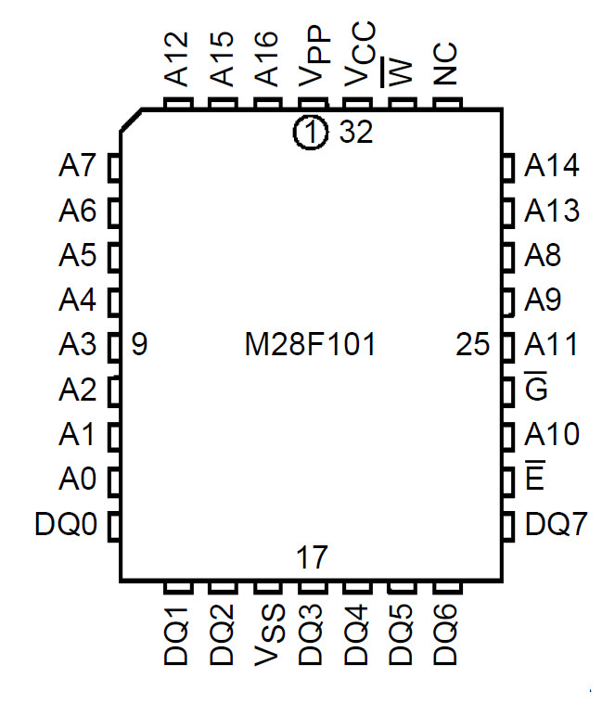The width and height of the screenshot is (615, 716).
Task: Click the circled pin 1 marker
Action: [311, 134]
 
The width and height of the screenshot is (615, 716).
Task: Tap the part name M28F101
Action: [311, 346]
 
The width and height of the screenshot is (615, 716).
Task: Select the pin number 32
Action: [355, 134]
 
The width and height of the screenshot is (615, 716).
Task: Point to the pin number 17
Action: [312, 558]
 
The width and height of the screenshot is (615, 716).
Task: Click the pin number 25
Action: [473, 346]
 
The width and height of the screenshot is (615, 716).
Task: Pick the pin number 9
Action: [139, 346]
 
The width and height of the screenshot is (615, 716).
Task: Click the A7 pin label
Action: [77, 167]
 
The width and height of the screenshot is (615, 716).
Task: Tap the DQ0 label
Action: [66, 525]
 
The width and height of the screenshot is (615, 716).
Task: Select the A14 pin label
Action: [552, 167]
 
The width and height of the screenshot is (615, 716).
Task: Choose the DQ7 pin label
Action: [556, 525]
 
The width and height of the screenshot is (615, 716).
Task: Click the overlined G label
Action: [536, 390]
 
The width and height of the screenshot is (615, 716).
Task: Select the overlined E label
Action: [534, 479]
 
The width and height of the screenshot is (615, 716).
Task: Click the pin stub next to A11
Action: [508, 346]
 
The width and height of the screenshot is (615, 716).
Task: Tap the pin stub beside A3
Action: [115, 346]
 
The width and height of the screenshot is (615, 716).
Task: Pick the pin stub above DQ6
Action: [446, 588]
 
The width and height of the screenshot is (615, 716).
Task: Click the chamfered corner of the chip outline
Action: [131, 120]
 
